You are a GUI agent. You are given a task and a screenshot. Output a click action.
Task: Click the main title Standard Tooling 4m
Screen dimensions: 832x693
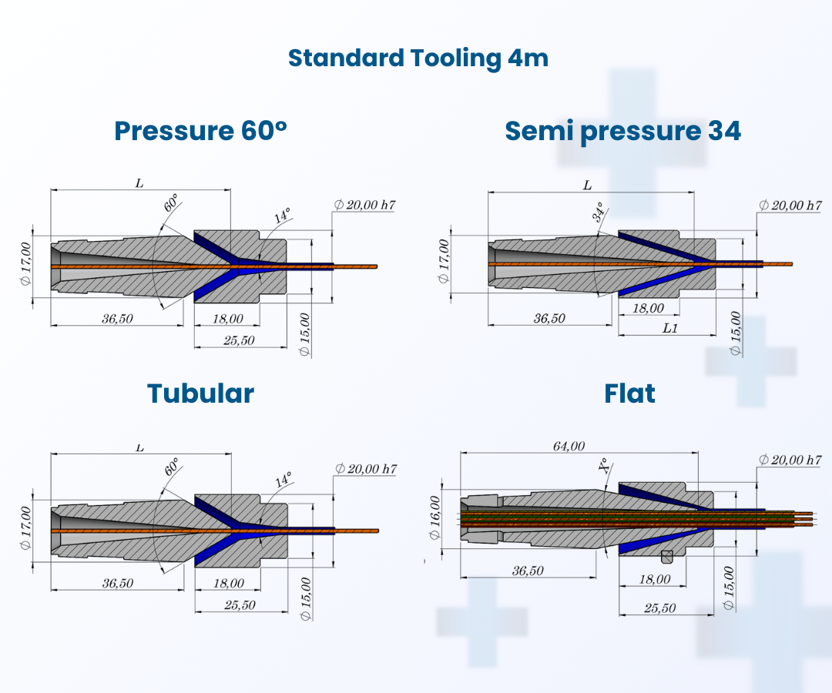[x=418, y=59]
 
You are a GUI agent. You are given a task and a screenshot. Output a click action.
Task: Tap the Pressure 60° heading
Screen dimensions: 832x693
[x=200, y=131]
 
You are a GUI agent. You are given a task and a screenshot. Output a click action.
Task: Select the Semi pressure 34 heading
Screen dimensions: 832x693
[x=623, y=132]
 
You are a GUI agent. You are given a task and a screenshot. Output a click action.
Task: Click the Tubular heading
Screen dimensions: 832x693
[x=200, y=394]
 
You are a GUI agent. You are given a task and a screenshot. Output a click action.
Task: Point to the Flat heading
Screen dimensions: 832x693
[x=630, y=394]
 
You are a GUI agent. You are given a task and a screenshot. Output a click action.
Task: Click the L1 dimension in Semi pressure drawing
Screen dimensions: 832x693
[x=670, y=328]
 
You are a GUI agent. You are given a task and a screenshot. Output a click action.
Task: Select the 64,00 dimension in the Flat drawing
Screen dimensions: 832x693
[x=569, y=446]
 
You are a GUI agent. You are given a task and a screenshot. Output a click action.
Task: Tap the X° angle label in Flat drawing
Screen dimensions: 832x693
[x=604, y=466]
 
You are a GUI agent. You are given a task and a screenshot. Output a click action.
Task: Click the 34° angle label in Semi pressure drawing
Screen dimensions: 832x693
[x=599, y=212]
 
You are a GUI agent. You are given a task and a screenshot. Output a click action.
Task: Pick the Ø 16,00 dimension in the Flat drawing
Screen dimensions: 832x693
[x=435, y=517]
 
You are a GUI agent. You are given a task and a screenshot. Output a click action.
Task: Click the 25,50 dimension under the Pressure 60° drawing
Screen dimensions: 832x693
[x=239, y=340]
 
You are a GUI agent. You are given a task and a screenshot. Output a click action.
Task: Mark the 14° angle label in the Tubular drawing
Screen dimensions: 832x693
[x=283, y=480]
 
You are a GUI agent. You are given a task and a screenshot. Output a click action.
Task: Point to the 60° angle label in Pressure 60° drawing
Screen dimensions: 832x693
[x=171, y=203]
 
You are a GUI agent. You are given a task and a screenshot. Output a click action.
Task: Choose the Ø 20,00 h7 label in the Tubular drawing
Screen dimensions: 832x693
[x=366, y=469]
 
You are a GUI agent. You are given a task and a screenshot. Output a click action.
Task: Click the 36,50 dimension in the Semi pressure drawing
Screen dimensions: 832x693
[x=549, y=318]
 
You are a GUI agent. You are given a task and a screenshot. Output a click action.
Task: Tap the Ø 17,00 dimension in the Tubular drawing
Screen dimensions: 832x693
[x=25, y=528]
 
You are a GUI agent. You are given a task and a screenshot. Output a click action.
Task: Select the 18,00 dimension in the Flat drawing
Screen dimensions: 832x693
[x=655, y=579]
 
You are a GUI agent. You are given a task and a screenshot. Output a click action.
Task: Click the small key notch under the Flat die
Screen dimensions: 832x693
[x=667, y=557]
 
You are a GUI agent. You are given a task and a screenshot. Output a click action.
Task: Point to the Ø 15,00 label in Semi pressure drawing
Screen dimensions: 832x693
[x=735, y=333]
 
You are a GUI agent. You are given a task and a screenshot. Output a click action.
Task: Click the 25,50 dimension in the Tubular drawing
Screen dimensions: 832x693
[x=240, y=605]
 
